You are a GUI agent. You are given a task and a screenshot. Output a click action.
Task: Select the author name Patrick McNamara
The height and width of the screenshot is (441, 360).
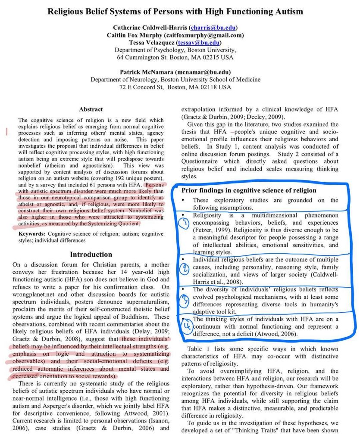coord(146,71)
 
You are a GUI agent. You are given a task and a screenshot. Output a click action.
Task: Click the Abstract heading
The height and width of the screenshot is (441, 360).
coord(91,109)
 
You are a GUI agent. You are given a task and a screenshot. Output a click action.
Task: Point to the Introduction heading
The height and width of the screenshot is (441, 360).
coord(91,254)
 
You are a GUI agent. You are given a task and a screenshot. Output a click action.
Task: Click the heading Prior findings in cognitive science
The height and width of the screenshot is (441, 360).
coord(249,190)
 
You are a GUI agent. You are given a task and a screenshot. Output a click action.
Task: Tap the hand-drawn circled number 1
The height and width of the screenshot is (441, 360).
coord(185,223)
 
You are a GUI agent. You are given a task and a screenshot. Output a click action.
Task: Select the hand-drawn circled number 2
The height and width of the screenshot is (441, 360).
coord(185,268)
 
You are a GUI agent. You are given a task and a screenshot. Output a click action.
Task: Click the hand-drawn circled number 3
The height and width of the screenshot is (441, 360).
coord(185,300)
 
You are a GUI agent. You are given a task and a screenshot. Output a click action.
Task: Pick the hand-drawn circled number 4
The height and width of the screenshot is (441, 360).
coord(185,326)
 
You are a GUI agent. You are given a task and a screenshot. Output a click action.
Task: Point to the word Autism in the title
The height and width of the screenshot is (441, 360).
coord(288,12)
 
